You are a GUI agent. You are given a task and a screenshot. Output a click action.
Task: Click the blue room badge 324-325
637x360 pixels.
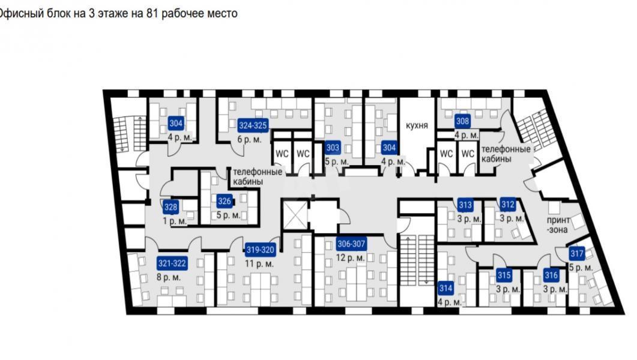[253, 125]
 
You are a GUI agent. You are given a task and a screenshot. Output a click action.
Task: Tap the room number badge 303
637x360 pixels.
[333, 148]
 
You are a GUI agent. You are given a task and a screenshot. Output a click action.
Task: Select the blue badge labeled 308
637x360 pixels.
[462, 121]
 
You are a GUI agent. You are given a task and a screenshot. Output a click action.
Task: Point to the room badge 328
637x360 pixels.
[171, 207]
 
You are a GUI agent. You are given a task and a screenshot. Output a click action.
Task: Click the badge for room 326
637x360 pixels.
[225, 200]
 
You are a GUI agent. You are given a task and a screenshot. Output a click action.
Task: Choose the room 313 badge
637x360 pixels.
[465, 205]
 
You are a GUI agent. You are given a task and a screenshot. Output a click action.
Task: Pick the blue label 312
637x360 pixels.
[508, 205]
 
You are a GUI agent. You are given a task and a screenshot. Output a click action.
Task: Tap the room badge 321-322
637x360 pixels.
[172, 263]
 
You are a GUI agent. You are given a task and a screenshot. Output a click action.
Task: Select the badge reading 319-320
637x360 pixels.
[260, 250]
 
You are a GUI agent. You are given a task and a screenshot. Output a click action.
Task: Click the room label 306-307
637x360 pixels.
[351, 244]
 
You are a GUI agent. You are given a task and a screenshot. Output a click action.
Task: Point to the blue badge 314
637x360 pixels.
[445, 289]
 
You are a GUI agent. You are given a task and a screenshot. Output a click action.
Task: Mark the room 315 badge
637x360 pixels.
[504, 275]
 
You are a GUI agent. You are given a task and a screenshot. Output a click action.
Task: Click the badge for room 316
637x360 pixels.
[551, 275]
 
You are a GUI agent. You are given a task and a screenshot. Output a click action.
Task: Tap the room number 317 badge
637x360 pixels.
[577, 254]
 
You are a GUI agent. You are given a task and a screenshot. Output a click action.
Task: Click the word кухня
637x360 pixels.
[417, 125]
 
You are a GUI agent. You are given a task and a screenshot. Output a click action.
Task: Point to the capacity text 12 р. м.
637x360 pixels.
[350, 258]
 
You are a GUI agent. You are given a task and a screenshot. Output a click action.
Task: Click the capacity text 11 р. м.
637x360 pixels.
[259, 264]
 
